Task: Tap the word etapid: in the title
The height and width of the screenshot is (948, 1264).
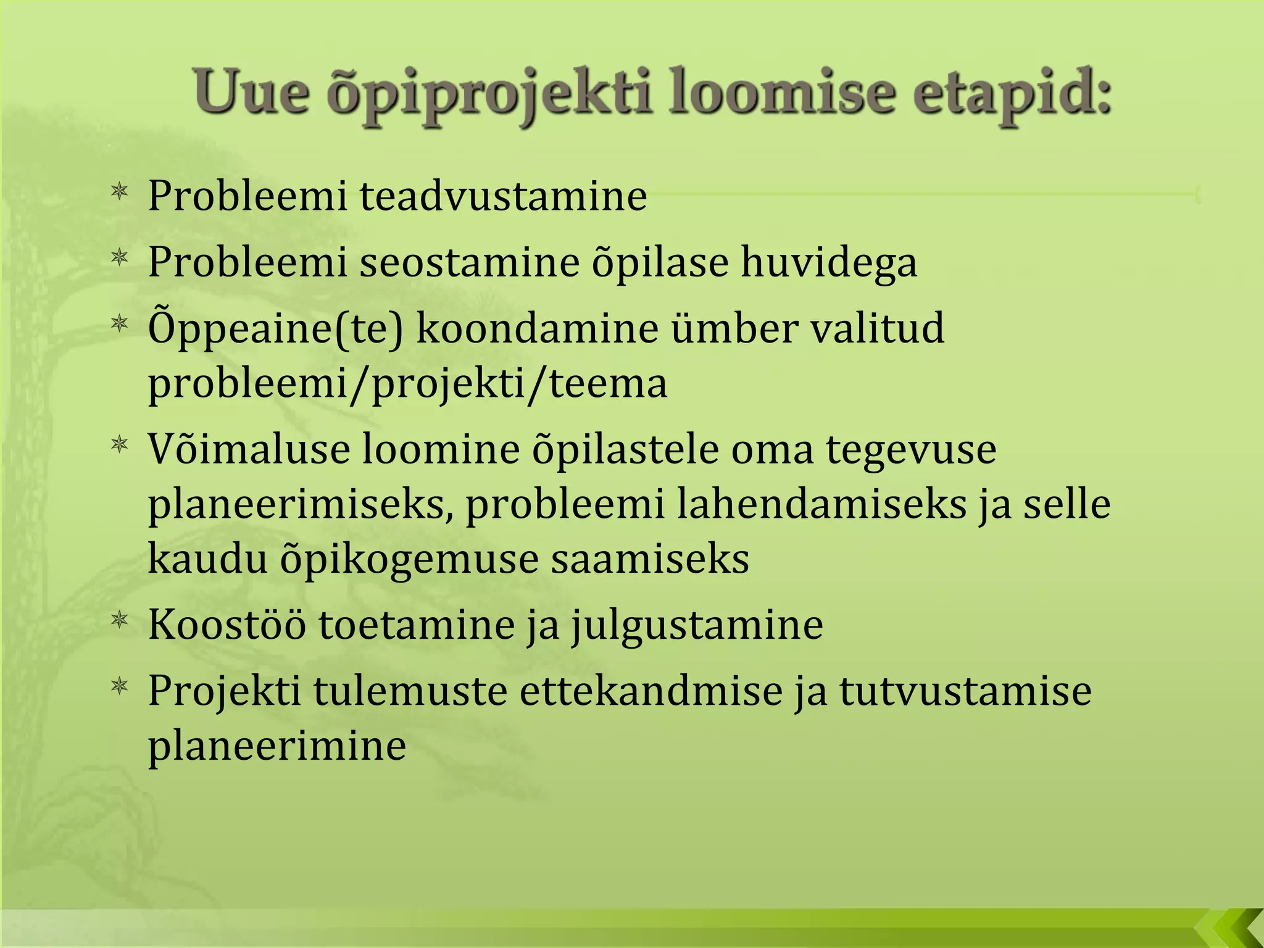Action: pyautogui.click(x=1012, y=94)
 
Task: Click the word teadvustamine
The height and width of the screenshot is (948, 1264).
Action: pyautogui.click(x=503, y=196)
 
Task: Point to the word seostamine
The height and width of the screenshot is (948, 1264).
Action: pyautogui.click(x=469, y=262)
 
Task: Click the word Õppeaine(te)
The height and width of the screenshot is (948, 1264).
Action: pyautogui.click(x=275, y=328)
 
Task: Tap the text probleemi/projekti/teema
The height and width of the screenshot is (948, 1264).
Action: pyautogui.click(x=407, y=384)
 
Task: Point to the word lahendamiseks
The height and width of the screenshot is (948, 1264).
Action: pyautogui.click(x=821, y=504)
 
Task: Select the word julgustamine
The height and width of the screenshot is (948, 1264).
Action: pyautogui.click(x=697, y=626)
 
